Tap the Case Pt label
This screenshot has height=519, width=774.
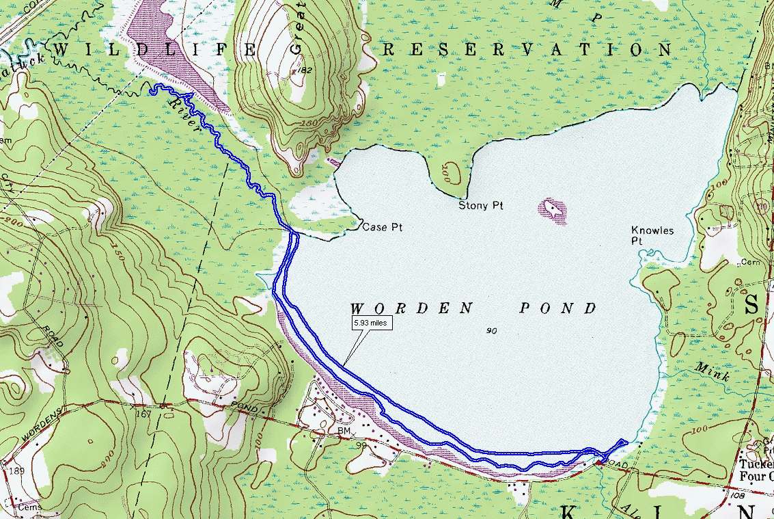pyautogui.click(x=381, y=228)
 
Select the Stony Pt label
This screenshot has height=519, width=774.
pyautogui.click(x=480, y=205)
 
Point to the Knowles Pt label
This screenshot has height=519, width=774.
pyautogui.click(x=652, y=236)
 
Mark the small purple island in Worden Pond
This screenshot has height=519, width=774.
pyautogui.click(x=553, y=211)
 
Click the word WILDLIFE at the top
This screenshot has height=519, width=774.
pyautogui.click(x=153, y=50)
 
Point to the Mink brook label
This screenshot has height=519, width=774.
pyautogui.click(x=713, y=372)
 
